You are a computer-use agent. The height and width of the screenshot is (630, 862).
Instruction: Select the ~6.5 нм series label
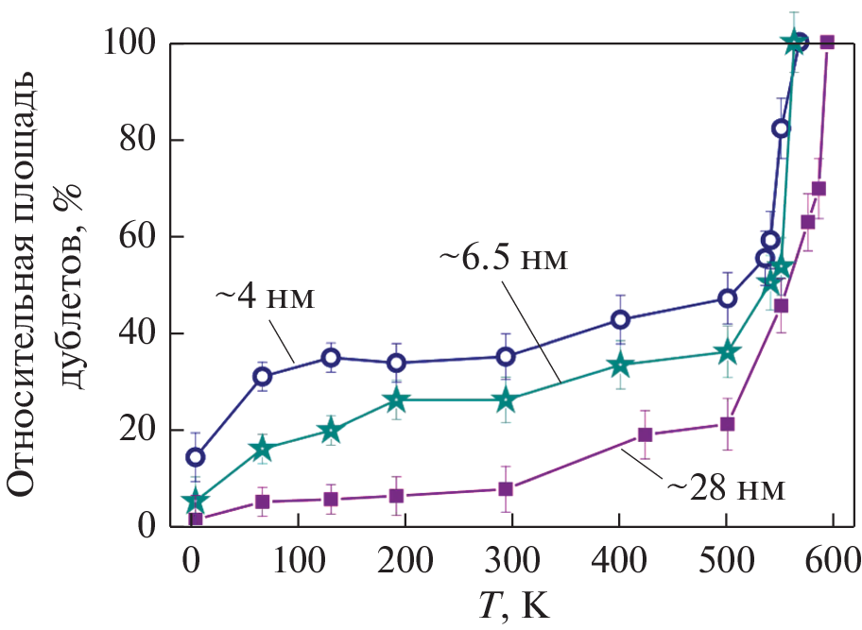tap(504, 258)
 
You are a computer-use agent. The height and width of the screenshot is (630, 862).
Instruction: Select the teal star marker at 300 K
tap(507, 400)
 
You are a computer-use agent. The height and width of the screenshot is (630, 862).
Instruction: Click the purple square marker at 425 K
tap(646, 434)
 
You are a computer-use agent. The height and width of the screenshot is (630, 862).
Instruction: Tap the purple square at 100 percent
tap(827, 42)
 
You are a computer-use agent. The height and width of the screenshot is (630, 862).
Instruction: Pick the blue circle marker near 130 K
tap(330, 357)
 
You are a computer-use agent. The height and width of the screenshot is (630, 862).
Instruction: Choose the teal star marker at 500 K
tap(726, 352)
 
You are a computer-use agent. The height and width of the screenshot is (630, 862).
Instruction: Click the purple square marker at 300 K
tap(506, 488)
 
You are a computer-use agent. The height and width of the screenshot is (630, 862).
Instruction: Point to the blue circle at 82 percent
tap(781, 128)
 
